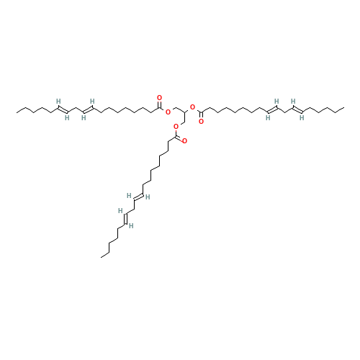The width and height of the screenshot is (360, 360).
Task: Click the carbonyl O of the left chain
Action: (x=159, y=97)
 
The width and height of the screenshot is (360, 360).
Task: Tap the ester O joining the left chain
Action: (x=168, y=112)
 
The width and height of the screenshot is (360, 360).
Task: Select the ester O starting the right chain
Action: (x=192, y=107)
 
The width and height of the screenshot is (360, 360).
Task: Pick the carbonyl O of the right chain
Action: (x=201, y=121)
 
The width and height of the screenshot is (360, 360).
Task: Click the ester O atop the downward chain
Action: (x=176, y=127)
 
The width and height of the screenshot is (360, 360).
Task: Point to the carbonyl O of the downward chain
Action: (x=184, y=141)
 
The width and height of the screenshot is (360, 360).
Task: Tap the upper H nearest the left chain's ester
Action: (x=92, y=101)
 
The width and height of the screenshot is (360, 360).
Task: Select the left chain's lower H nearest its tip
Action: (x=66, y=117)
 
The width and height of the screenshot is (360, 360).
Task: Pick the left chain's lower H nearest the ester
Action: (x=84, y=117)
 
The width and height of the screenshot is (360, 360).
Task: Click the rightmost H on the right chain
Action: (x=302, y=117)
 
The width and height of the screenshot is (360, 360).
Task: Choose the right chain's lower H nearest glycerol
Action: (x=268, y=117)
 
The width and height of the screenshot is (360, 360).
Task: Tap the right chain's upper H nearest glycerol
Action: (x=276, y=101)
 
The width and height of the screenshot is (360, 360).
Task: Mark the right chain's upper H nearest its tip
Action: (x=293, y=101)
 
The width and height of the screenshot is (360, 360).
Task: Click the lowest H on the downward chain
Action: (x=131, y=225)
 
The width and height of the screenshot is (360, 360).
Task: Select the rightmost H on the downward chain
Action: (x=148, y=197)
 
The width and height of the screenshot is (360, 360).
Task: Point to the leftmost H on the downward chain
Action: (x=120, y=210)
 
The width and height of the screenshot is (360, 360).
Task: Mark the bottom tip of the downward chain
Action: (x=102, y=256)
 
